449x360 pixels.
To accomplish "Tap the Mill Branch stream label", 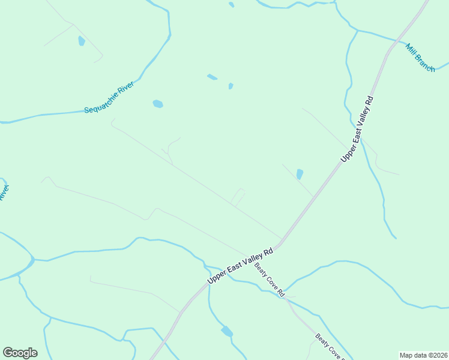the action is (x=420, y=58).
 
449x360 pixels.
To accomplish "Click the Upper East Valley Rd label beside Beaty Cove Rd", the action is (x=240, y=266).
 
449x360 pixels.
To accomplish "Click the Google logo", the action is (x=20, y=353).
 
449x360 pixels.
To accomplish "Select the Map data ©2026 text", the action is (x=423, y=355).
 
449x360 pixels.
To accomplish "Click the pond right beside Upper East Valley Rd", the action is (x=300, y=174).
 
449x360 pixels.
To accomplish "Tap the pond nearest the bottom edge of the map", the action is (x=227, y=331).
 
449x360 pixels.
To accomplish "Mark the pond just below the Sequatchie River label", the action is (x=157, y=104).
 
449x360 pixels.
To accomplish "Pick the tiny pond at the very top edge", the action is (x=231, y=5).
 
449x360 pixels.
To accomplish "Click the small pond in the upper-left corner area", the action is (x=82, y=41).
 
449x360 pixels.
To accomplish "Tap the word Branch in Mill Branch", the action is (x=425, y=62).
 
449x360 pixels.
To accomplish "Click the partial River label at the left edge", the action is (x=4, y=193).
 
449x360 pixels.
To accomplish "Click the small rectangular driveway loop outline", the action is (x=238, y=197).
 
